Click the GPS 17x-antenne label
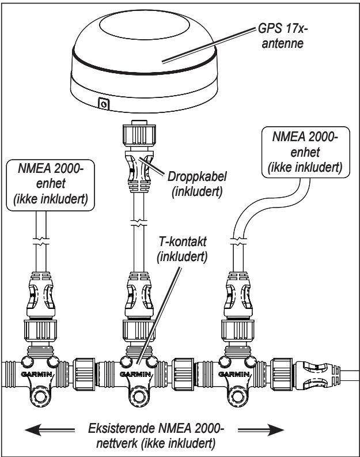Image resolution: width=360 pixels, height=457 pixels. point(283,36)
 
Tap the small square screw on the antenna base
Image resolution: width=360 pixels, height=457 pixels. point(104,104)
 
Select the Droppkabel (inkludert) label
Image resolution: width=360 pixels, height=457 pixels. point(197,184)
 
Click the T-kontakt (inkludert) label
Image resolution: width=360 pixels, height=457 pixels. point(183,249)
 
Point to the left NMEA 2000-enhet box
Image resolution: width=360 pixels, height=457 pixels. point(51,185)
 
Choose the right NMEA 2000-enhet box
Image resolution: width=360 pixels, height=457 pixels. point(305,152)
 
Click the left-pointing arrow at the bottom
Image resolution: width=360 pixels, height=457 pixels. point(50,430)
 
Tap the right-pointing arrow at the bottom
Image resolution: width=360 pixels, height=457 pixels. point(261,430)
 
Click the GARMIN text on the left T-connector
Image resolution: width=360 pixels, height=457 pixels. point(37,374)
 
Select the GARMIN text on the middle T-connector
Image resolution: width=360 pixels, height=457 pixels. point(135,374)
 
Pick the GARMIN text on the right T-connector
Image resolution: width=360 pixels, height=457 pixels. point(234,374)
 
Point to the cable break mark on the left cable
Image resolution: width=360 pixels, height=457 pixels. point(41,241)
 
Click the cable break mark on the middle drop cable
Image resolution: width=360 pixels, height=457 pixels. point(139,223)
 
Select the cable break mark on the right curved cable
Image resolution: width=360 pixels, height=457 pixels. point(238,241)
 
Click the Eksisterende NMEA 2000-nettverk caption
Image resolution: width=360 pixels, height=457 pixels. point(156,436)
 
